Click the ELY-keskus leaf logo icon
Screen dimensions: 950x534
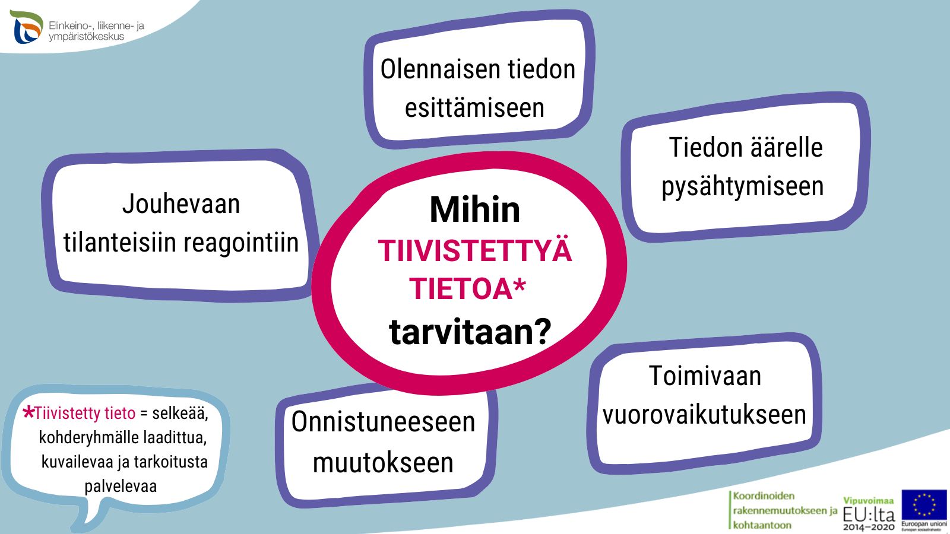(x=27, y=27)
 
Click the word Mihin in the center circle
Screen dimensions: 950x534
(x=474, y=209)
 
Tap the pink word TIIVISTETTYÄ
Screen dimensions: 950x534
(x=475, y=251)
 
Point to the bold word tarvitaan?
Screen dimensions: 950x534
(x=470, y=332)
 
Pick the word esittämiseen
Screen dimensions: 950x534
(x=474, y=107)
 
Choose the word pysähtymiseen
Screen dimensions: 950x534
(x=743, y=187)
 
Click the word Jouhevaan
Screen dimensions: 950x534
(x=181, y=204)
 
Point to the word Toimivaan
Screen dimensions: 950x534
(x=705, y=376)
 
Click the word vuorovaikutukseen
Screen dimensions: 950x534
(x=704, y=415)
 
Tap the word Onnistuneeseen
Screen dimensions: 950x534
(x=383, y=422)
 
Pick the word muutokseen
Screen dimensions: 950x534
(x=383, y=462)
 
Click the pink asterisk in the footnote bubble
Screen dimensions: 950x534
(x=28, y=412)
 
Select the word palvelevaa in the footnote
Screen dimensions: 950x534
(x=121, y=486)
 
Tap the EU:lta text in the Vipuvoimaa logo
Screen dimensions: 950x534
(x=869, y=515)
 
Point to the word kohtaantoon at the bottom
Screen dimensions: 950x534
(x=762, y=525)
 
